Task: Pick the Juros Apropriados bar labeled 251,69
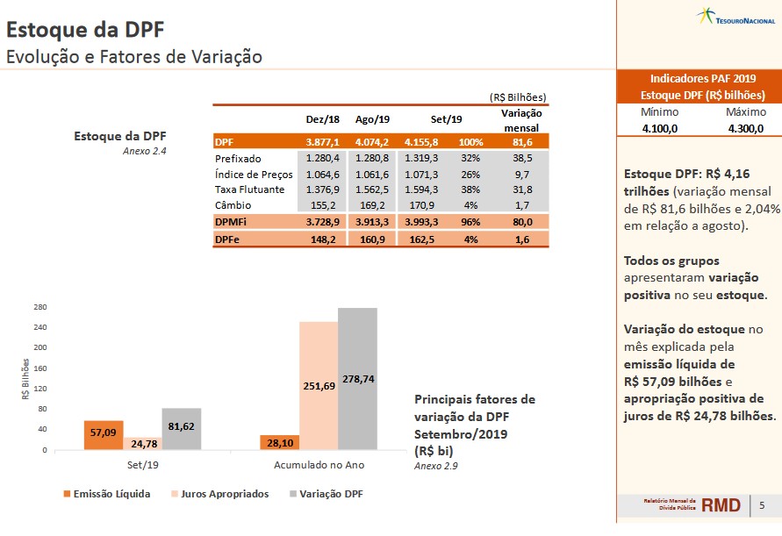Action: coord(319,386)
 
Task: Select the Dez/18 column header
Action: coord(322,119)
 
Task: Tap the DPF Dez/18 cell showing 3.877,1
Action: coord(323,141)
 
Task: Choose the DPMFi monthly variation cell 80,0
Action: coord(521,222)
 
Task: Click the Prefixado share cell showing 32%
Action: coord(470,158)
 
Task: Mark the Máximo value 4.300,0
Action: coord(746,128)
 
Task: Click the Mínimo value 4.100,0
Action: coord(659,128)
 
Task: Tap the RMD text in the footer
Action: coord(721,505)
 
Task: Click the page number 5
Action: coord(762,505)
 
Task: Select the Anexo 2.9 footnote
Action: coord(436,466)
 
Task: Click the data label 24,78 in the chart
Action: coord(144,444)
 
